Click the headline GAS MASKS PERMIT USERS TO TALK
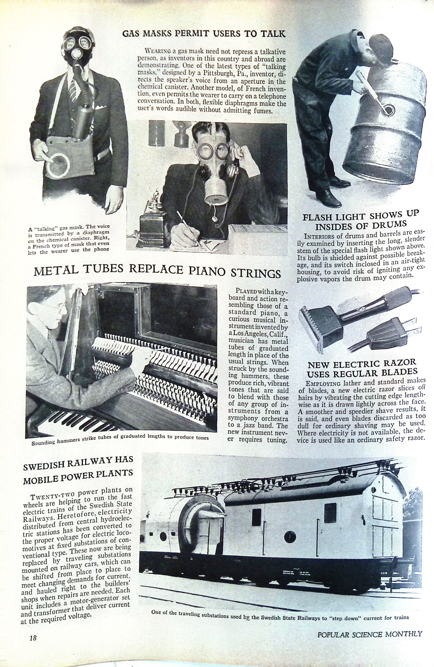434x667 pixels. [204, 34]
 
